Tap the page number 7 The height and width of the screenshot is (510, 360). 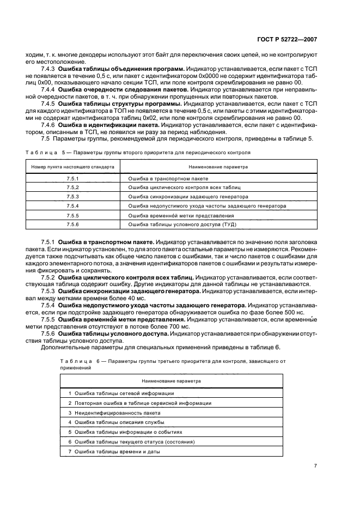pyautogui.click(x=316, y=465)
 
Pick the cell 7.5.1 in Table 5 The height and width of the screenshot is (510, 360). pyautogui.click(x=72, y=178)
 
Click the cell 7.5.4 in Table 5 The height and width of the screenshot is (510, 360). pyautogui.click(x=72, y=206)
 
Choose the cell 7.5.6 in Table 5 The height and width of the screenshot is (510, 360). pyautogui.click(x=72, y=224)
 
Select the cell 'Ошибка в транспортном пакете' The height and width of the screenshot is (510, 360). pyautogui.click(x=168, y=178)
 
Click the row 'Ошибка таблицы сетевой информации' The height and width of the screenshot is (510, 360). pyautogui.click(x=121, y=393)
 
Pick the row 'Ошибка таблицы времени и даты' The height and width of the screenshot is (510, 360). pyautogui.click(x=117, y=452)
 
